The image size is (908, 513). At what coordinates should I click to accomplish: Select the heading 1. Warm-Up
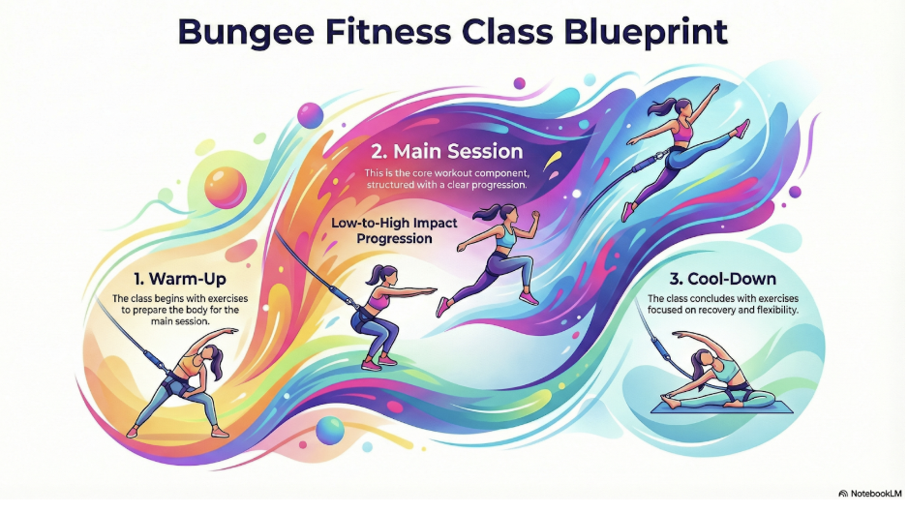coord(179,279)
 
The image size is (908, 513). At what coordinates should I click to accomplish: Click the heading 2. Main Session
coord(446,152)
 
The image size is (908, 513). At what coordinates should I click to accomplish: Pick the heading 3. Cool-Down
coord(723,279)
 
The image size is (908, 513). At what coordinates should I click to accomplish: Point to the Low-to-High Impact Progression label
coord(394,231)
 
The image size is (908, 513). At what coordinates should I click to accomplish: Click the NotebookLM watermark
coord(870,494)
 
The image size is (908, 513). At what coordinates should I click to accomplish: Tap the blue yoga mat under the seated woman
coord(722,407)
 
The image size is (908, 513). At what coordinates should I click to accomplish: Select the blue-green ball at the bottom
coord(330,430)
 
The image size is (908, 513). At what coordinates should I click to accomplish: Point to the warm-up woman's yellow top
coord(194,365)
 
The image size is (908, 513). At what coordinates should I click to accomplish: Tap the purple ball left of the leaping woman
coord(520,83)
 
